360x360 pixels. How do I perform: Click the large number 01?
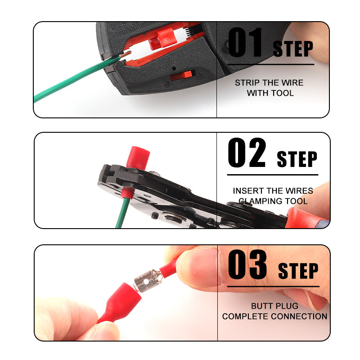[x=245, y=42]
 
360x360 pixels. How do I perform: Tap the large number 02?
[x=247, y=153]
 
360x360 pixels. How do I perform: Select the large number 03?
[x=247, y=264]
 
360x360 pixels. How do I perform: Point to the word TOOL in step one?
[x=283, y=93]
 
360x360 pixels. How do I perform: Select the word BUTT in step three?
[x=261, y=306]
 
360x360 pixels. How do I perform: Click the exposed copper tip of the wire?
[x=125, y=54]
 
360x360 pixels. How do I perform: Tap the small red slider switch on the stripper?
[x=181, y=76]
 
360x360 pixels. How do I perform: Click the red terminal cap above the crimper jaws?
[x=138, y=158]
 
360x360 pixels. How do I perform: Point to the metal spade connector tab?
[x=148, y=280]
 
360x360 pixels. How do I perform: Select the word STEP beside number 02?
[x=297, y=159]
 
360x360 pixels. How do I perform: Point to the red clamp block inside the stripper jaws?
[x=163, y=38]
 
